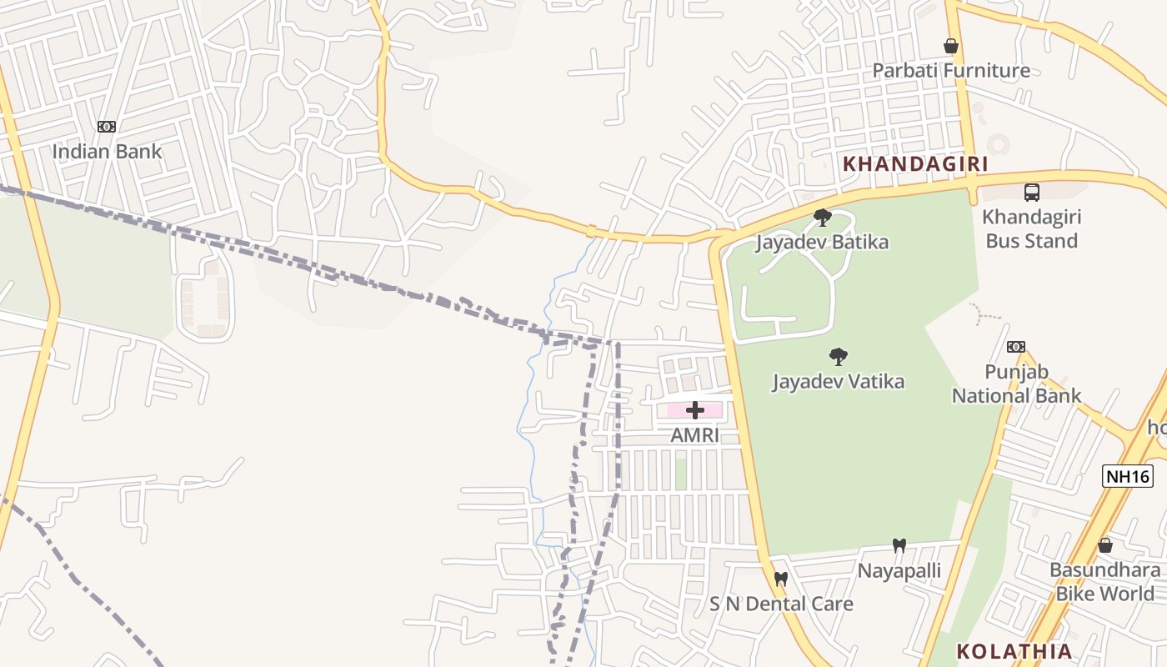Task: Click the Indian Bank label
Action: [x=107, y=152]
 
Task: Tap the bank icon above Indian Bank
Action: [x=106, y=127]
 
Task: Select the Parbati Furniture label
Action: [x=951, y=70]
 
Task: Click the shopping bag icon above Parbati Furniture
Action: [x=950, y=46]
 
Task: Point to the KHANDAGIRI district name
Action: [x=915, y=163]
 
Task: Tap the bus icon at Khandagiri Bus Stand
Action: [x=1032, y=193]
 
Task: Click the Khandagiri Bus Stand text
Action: [x=1032, y=228]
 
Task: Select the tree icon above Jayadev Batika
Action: [x=823, y=218]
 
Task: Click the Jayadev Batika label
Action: [x=822, y=242]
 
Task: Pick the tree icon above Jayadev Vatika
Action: [x=838, y=358]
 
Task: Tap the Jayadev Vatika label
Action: [x=838, y=382]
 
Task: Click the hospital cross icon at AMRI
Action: [x=694, y=410]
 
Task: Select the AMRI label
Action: [x=694, y=435]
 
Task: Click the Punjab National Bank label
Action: [x=1016, y=384]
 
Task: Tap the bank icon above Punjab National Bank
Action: [x=1015, y=347]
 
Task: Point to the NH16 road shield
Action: [x=1128, y=476]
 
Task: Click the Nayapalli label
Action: [x=899, y=570]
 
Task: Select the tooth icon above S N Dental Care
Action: [x=780, y=578]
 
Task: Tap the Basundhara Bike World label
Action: [x=1104, y=582]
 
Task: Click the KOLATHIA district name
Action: [x=1014, y=651]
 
